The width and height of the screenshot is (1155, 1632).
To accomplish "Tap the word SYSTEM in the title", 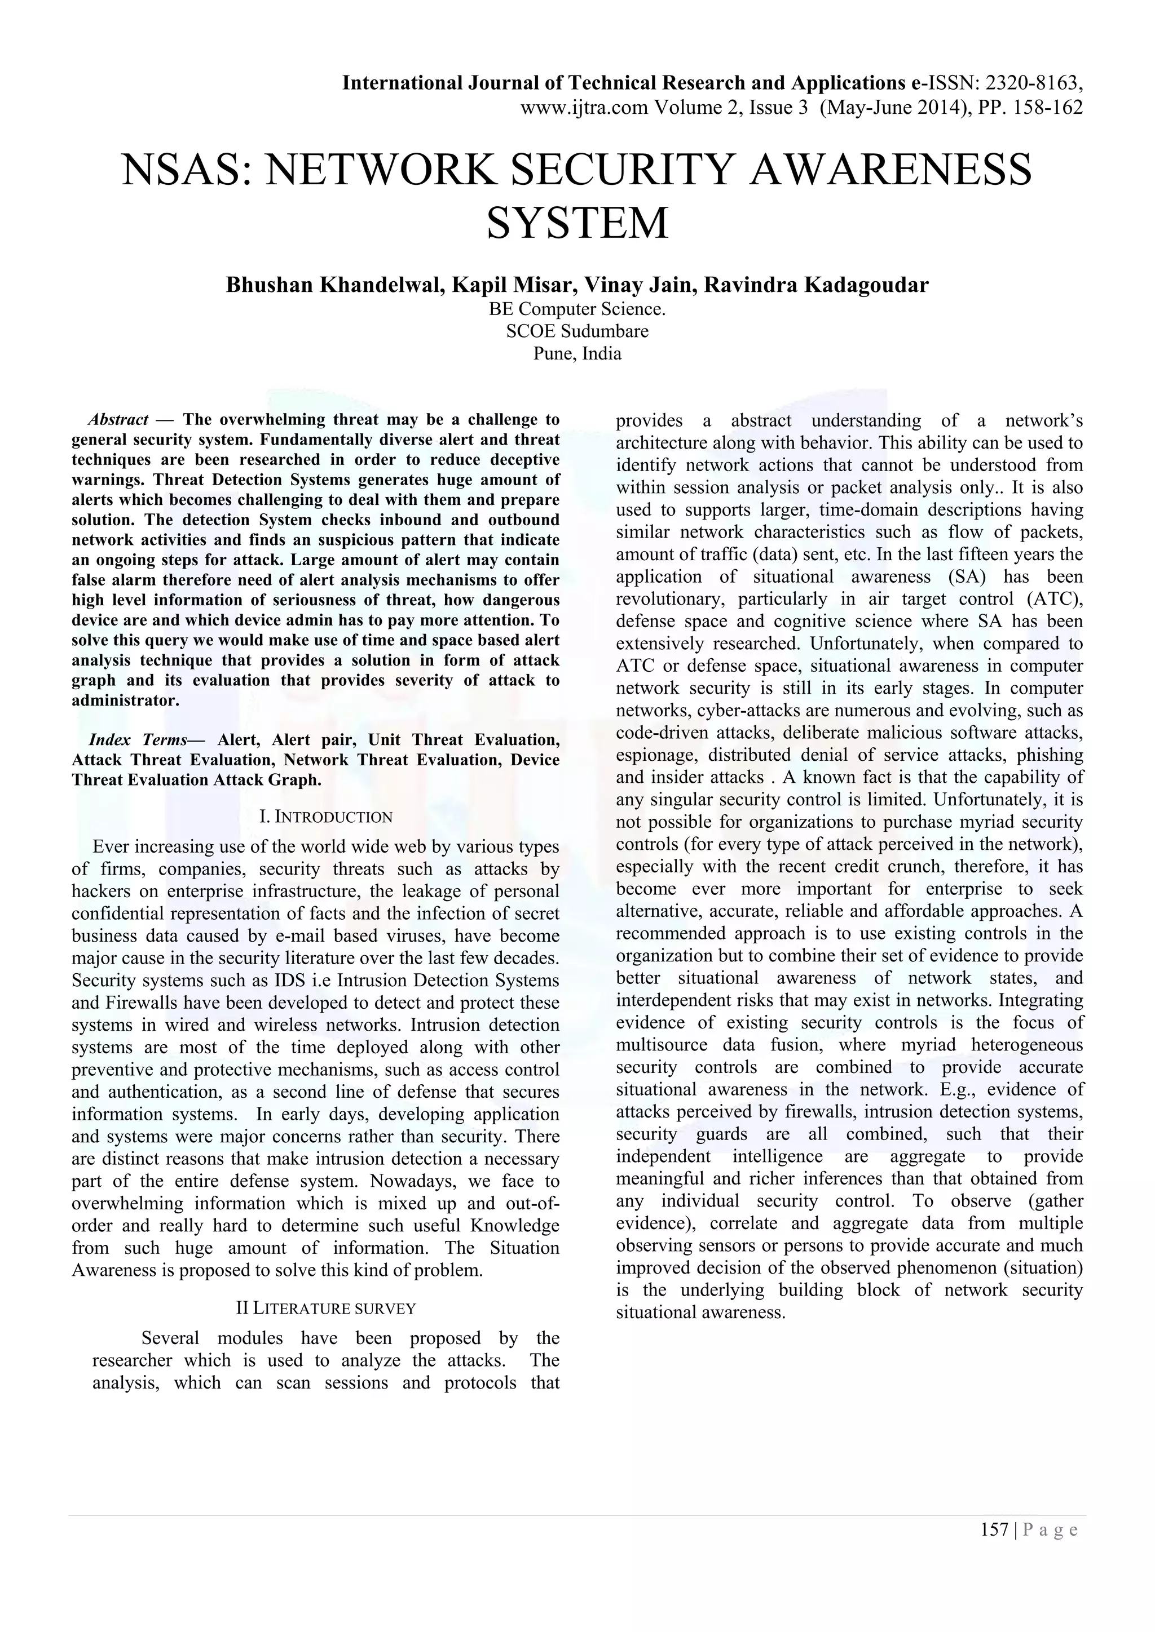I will [x=577, y=223].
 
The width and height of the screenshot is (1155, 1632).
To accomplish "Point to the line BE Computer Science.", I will [x=577, y=309].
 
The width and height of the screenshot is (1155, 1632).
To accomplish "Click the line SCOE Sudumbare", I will [x=577, y=331].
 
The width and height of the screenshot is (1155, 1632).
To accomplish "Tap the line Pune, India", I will [x=577, y=353].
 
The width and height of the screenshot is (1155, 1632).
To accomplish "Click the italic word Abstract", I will [x=118, y=419].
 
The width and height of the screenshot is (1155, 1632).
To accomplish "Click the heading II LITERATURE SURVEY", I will [x=325, y=1309].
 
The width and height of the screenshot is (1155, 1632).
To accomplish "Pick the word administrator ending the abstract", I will [x=125, y=700].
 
